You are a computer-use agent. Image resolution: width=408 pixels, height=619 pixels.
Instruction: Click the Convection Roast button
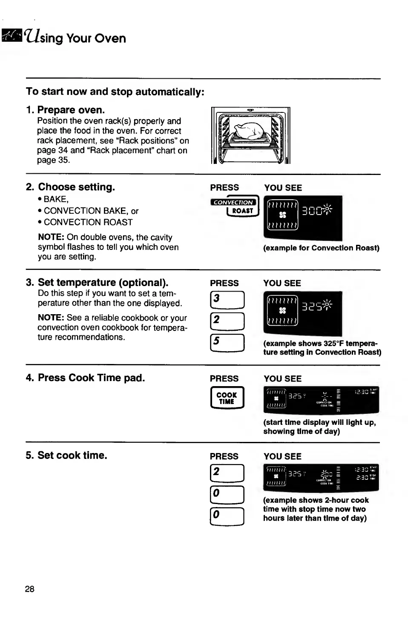click(x=235, y=207)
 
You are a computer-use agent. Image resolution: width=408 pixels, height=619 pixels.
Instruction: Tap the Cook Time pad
click(x=227, y=398)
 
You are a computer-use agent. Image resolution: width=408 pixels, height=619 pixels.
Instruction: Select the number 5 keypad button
click(x=227, y=343)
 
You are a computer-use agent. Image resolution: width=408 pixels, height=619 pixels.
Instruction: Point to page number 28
click(x=30, y=589)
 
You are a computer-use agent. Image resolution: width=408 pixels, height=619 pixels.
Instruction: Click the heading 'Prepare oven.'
click(x=71, y=110)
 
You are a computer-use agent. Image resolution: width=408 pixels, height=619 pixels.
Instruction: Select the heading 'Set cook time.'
click(x=72, y=456)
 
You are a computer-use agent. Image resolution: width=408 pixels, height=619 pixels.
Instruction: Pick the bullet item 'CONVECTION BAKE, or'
click(x=91, y=211)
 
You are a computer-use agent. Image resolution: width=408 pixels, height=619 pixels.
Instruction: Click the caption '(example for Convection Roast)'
click(x=321, y=248)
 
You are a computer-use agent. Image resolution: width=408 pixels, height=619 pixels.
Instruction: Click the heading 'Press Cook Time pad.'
click(x=91, y=378)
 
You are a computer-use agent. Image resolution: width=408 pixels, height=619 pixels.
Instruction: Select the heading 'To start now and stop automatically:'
click(x=115, y=92)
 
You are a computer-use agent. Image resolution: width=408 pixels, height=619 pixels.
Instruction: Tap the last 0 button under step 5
click(x=227, y=517)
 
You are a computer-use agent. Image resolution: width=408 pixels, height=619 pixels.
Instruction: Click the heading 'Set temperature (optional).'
click(x=103, y=283)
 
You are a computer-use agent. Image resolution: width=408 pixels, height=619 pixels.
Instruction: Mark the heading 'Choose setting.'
click(x=77, y=187)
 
